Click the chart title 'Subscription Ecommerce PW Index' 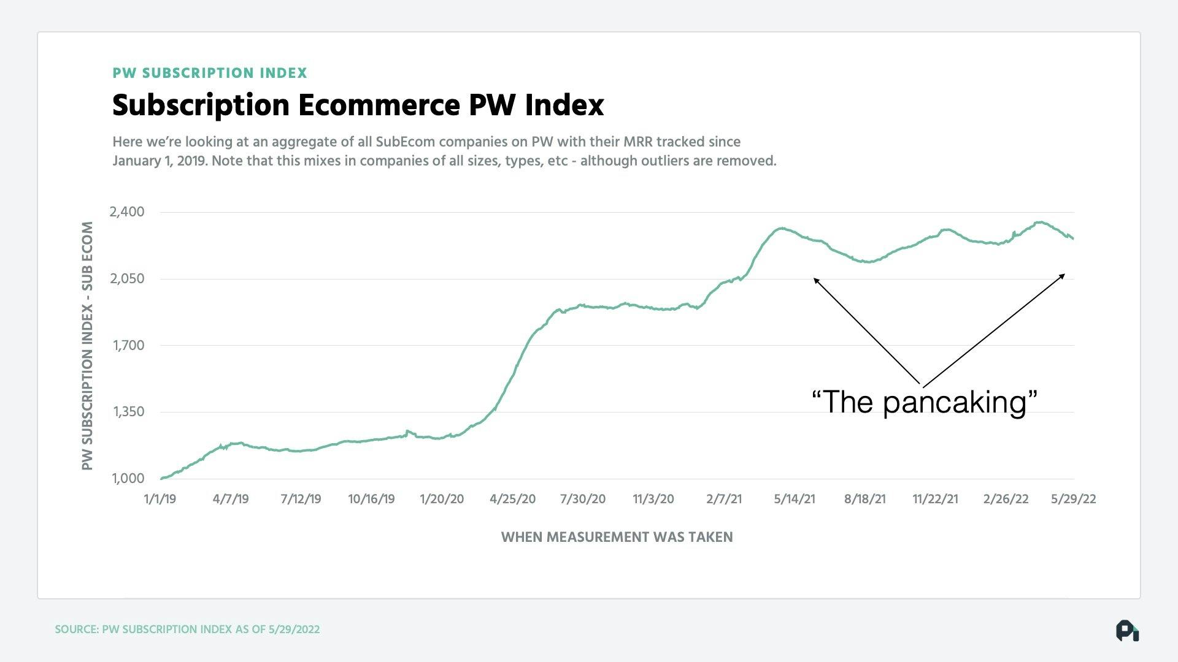coord(358,105)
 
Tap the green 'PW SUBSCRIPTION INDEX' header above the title coord(210,73)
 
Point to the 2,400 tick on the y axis coord(127,212)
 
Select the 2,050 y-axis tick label coord(127,279)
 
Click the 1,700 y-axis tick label coord(128,346)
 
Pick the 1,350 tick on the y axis coord(128,412)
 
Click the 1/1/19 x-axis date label coord(160,499)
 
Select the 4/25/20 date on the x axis coord(512,499)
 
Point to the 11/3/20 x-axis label coord(653,499)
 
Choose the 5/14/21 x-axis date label coord(795,499)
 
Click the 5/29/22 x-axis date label coord(1073,499)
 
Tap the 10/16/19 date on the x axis coord(371,499)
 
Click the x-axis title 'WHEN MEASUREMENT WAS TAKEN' coord(617,538)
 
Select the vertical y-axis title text coord(87,346)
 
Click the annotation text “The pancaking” coord(924,402)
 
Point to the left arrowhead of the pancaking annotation coord(816,280)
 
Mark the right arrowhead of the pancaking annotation coord(1063,275)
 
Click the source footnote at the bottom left coord(187,630)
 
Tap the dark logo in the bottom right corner coord(1127,631)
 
